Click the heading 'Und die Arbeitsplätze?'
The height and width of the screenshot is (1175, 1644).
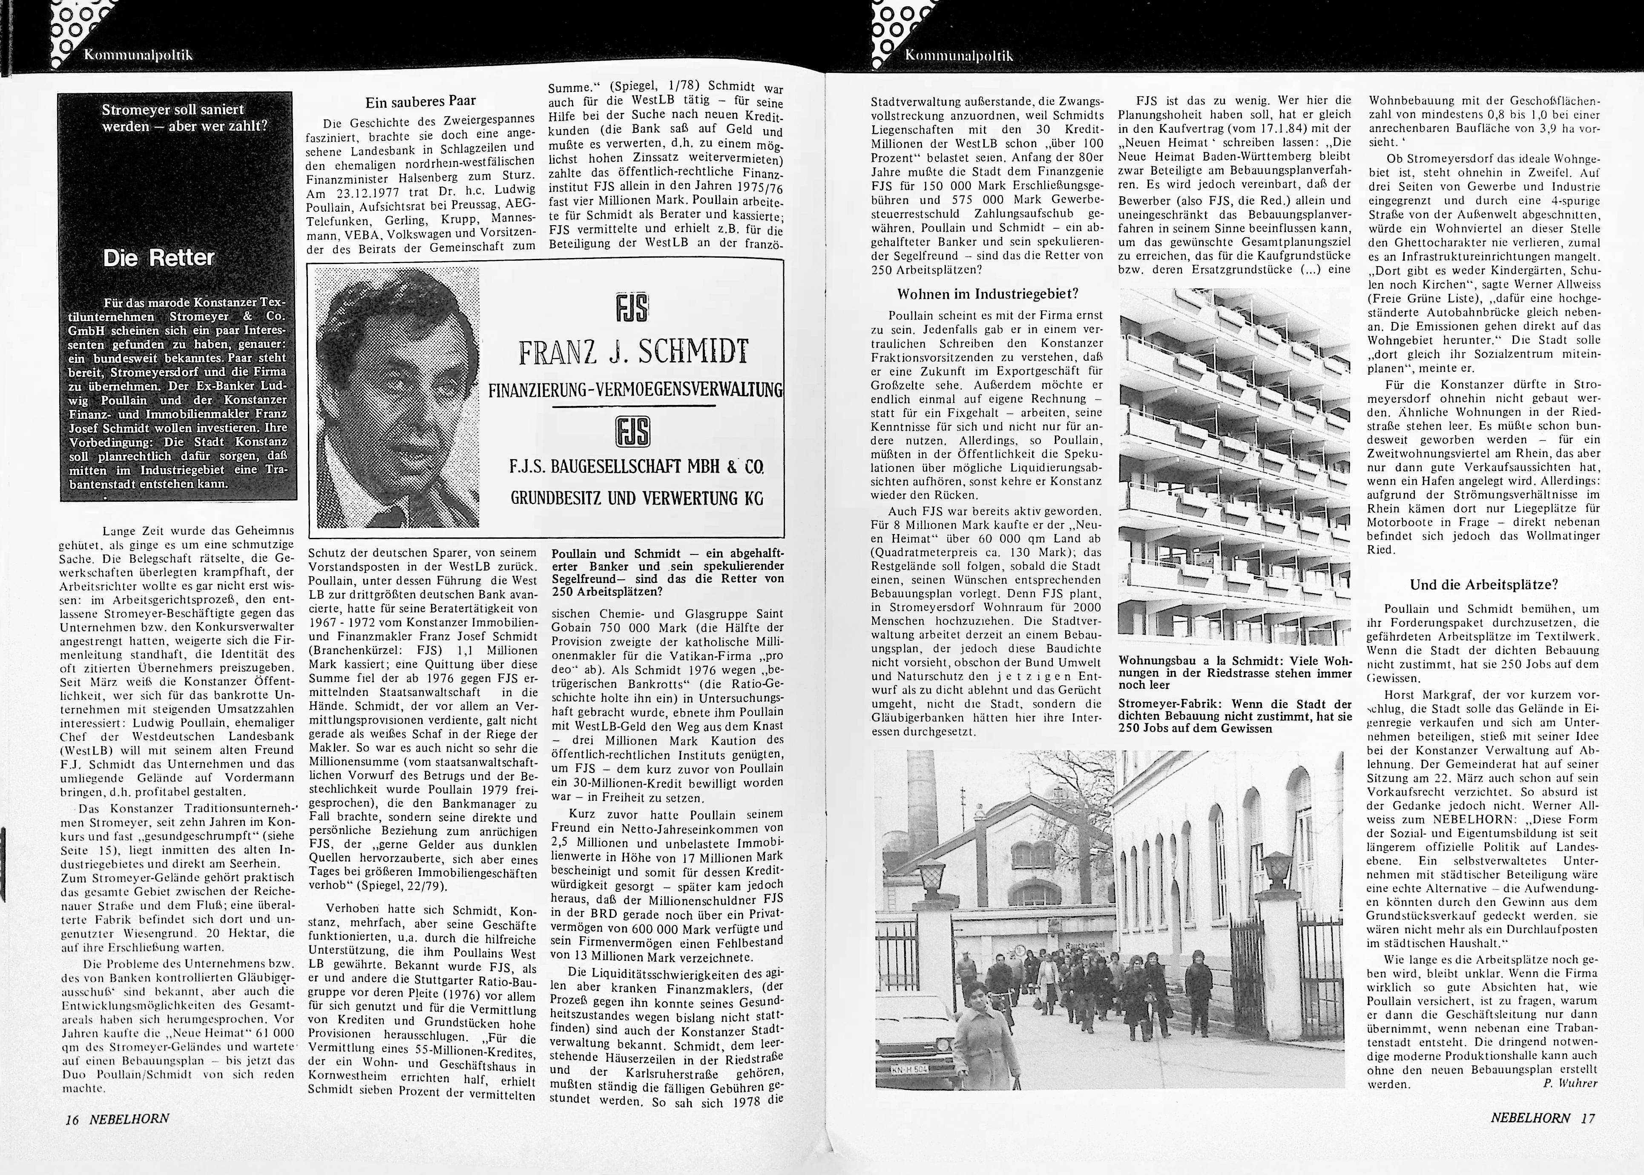(x=1483, y=585)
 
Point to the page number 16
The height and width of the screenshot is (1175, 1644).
(x=72, y=1118)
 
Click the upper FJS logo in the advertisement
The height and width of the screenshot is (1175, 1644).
(x=632, y=309)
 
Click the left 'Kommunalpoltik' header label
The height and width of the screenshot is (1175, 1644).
(x=138, y=55)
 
